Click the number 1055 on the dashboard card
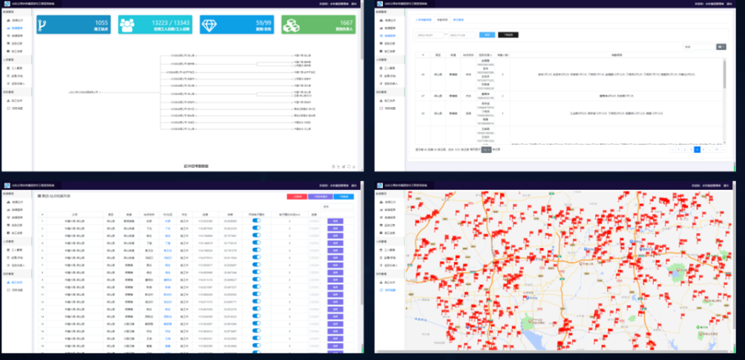tap(102, 22)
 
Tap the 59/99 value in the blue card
tap(263, 22)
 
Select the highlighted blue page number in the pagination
tap(696, 149)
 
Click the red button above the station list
tap(297, 196)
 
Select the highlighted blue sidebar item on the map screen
tap(390, 289)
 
